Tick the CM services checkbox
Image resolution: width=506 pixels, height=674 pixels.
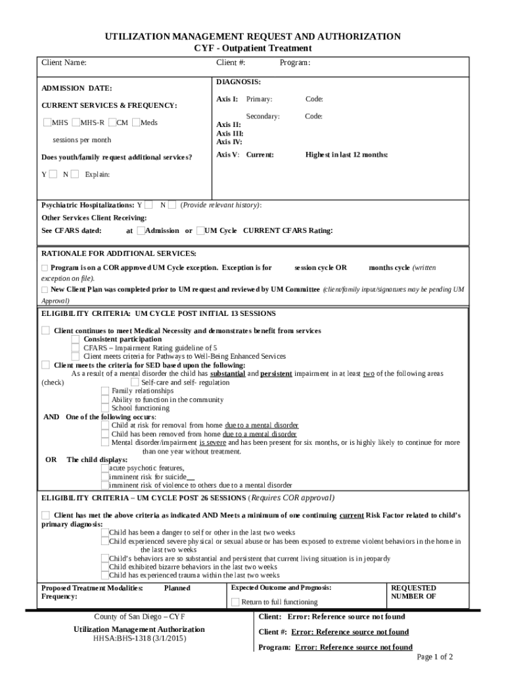coord(113,122)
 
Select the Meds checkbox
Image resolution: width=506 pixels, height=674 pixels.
coord(136,122)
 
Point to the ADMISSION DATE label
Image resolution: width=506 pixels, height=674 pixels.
coord(77,88)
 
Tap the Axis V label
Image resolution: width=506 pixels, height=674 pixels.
coord(228,155)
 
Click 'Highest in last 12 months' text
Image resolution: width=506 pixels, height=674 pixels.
coord(346,155)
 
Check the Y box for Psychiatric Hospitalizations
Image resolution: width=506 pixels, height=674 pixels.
coord(149,205)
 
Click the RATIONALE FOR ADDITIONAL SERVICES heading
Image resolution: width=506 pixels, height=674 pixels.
coord(119,253)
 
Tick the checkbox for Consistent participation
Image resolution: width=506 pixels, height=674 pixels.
coord(76,339)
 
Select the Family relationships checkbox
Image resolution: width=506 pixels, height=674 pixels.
coord(105,391)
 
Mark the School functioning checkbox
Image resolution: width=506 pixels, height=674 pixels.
coord(105,408)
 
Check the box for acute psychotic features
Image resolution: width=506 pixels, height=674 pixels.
coord(105,468)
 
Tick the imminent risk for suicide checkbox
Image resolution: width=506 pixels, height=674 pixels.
coord(105,477)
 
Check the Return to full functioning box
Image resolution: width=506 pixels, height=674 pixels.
coord(235,602)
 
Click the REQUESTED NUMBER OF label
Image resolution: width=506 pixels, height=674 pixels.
coord(413,592)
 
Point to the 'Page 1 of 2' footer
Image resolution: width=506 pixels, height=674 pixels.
coord(434,657)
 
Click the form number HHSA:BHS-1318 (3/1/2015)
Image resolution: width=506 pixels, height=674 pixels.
coord(139,638)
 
